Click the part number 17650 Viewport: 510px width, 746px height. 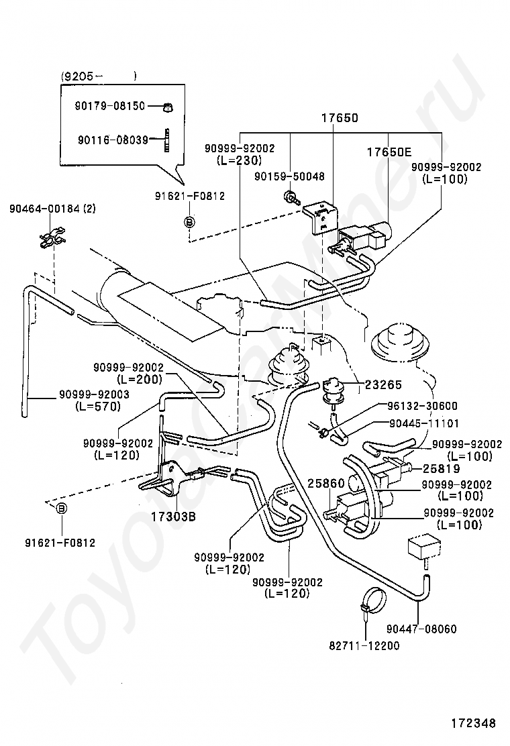click(x=339, y=117)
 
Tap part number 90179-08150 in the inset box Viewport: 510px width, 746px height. click(x=110, y=105)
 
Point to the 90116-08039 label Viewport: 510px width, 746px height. click(x=113, y=140)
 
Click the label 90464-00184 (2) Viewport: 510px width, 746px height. click(x=52, y=209)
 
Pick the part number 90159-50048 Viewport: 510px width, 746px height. click(x=289, y=176)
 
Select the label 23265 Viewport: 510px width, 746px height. click(x=383, y=384)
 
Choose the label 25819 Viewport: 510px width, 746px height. click(x=442, y=469)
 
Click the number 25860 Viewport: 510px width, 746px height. click(x=326, y=484)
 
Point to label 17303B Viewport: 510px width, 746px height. click(x=174, y=516)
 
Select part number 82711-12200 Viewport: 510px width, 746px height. click(x=364, y=645)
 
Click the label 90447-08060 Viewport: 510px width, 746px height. click(x=421, y=629)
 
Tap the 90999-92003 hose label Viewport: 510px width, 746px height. click(x=94, y=394)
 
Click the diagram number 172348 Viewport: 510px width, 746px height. click(x=474, y=724)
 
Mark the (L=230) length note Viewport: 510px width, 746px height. click(x=240, y=160)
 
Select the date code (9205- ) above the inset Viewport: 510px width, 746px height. click(x=99, y=76)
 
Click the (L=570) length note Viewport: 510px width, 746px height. click(x=98, y=407)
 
